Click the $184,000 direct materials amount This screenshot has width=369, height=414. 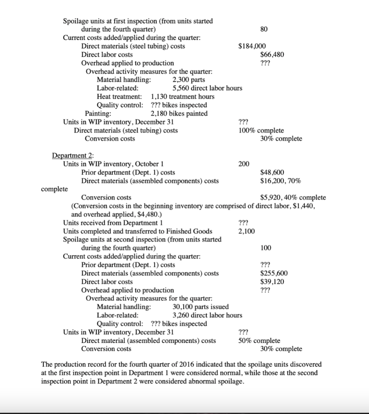(x=252, y=46)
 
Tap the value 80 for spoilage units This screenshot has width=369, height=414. (x=264, y=29)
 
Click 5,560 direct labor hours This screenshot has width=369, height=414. (x=207, y=88)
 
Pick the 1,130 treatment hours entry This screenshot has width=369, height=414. (x=182, y=97)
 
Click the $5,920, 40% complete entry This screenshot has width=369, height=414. (x=293, y=197)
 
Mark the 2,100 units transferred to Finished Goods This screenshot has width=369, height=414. (x=247, y=231)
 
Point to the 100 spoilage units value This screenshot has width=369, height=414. (x=266, y=247)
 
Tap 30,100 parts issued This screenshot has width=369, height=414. (x=200, y=307)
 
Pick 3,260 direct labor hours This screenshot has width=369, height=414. (x=207, y=315)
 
